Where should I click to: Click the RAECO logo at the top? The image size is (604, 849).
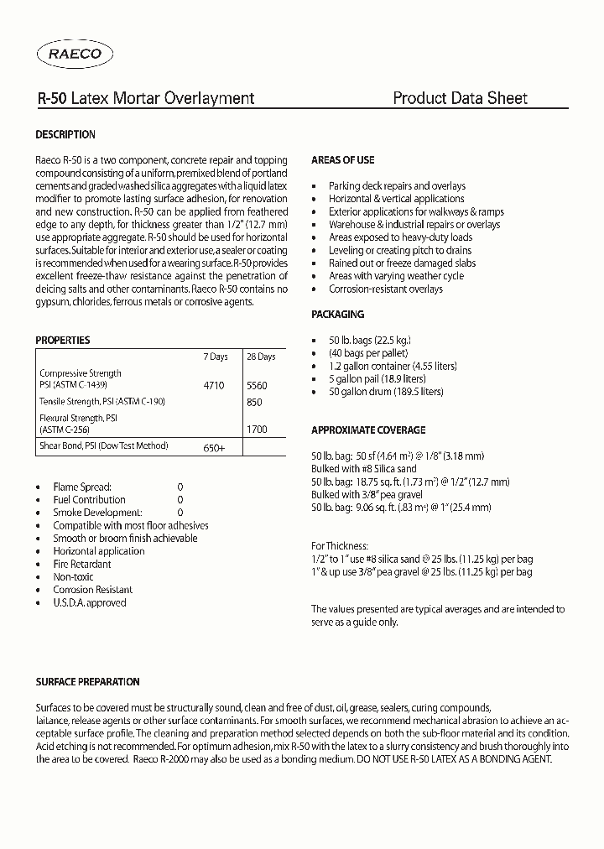[x=75, y=55]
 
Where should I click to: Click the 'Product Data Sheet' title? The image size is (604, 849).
[x=460, y=98]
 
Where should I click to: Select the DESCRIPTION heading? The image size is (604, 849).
[x=65, y=134]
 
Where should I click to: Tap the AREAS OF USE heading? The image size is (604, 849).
[x=342, y=159]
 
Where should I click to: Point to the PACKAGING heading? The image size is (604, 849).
[x=337, y=315]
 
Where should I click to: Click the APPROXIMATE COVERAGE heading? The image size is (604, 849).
[x=368, y=430]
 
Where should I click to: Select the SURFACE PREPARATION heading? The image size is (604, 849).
[x=87, y=682]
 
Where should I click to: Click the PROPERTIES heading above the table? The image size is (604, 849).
[x=62, y=341]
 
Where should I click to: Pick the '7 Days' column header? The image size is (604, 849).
[x=216, y=357]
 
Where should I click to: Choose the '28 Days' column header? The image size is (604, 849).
[x=260, y=357]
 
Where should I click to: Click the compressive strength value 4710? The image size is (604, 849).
[x=214, y=386]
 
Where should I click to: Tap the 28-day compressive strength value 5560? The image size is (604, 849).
[x=257, y=386]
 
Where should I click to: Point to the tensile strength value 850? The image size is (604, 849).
[x=255, y=402]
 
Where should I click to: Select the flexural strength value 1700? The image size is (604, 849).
[x=257, y=429]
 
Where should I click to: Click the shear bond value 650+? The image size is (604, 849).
[x=214, y=448]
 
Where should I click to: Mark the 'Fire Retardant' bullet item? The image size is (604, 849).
[x=82, y=564]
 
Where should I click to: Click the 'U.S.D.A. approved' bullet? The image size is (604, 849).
[x=90, y=602]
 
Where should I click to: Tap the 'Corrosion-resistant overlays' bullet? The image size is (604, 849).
[x=386, y=289]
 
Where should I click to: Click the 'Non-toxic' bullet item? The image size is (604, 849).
[x=73, y=576]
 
